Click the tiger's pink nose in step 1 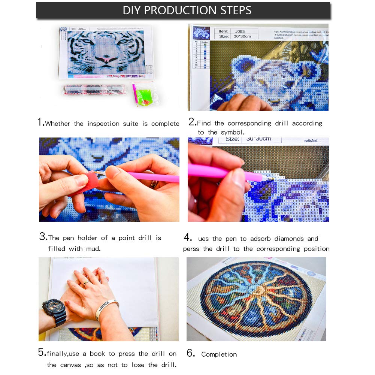pyautogui.click(x=106, y=59)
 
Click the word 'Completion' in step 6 pyautogui.click(x=219, y=354)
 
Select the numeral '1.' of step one pyautogui.click(x=41, y=123)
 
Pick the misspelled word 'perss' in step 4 pyautogui.click(x=191, y=249)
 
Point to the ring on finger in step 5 pyautogui.click(x=86, y=283)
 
